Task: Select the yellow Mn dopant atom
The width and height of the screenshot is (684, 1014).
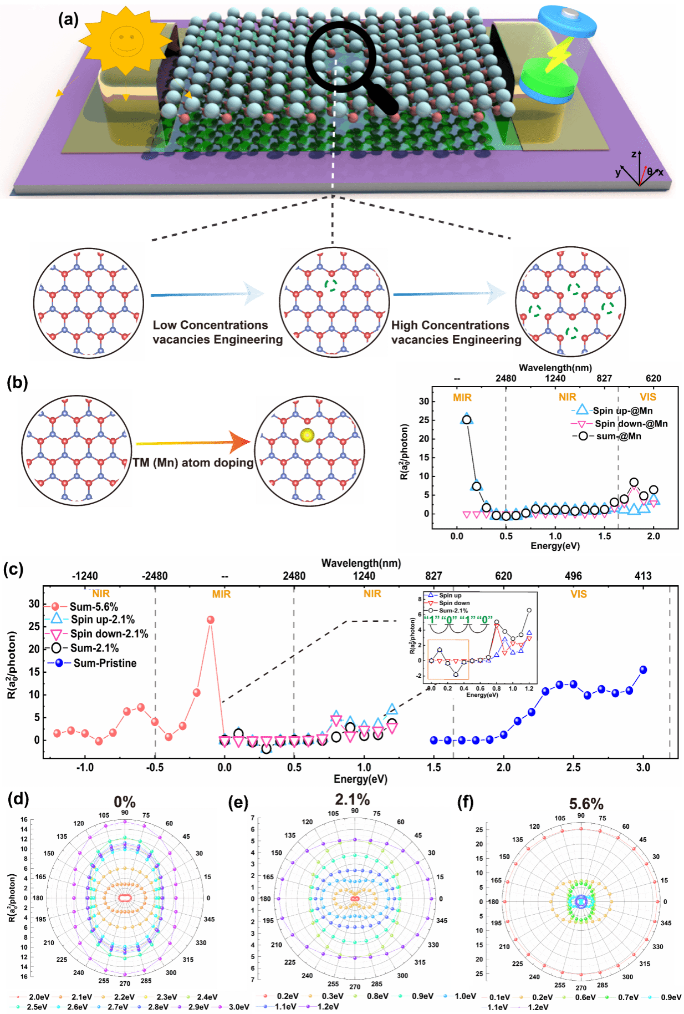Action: pos(307,435)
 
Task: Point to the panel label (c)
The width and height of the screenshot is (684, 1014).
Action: pos(13,570)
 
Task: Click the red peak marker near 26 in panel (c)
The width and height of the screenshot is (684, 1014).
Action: pos(210,620)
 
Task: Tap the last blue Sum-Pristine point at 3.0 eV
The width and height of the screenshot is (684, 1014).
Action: pos(643,670)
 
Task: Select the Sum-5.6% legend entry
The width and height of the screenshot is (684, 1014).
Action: pos(93,606)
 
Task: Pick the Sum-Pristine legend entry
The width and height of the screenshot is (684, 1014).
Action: pos(104,663)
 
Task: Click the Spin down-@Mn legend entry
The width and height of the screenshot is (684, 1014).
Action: pos(631,424)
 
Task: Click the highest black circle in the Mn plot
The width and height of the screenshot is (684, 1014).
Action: pos(467,420)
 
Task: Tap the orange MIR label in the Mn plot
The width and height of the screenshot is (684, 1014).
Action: pos(462,397)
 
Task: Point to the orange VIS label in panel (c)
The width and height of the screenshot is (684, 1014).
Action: pos(578,594)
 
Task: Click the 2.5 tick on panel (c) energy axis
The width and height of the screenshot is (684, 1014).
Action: pos(573,767)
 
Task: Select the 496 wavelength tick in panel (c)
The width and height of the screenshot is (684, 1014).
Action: pos(573,576)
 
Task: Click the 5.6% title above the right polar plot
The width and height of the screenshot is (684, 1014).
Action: pos(586,803)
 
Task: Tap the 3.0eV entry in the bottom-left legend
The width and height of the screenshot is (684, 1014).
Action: pos(239,1007)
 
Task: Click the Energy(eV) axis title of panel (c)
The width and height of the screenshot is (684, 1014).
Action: pos(360,779)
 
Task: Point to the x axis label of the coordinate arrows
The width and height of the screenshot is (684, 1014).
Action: pos(661,173)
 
